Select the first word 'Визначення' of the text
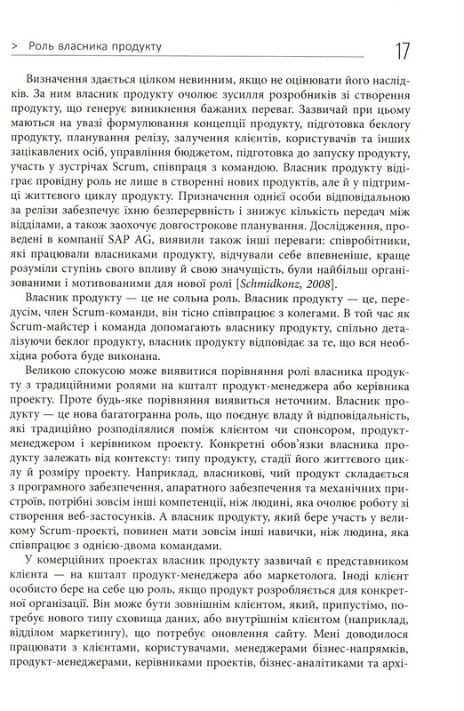(63, 76)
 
